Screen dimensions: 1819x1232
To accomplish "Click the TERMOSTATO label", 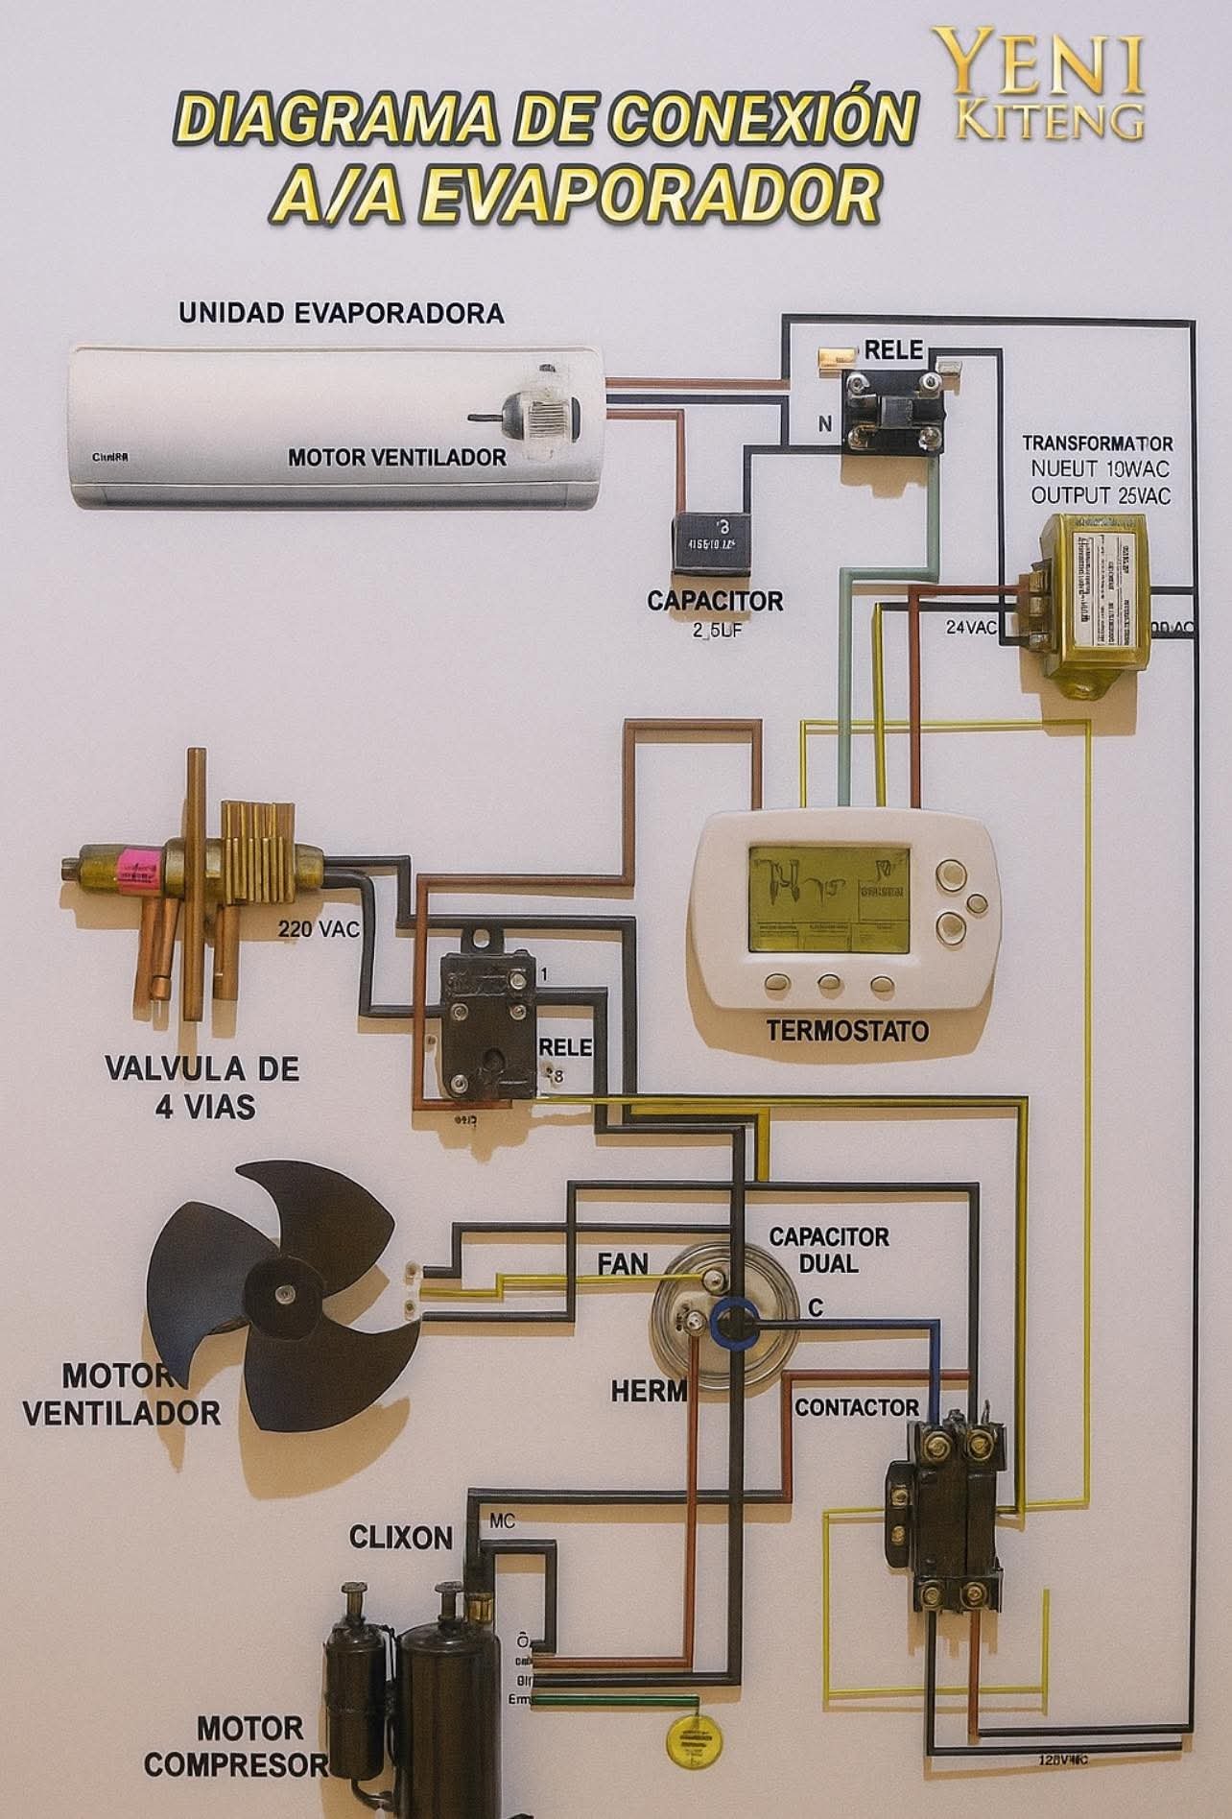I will pyautogui.click(x=847, y=1031).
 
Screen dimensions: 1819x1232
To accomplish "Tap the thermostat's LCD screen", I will pyautogui.click(x=829, y=898).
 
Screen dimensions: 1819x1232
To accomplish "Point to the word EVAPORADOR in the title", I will pyautogui.click(x=575, y=195).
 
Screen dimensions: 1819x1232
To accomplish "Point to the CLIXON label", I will pyautogui.click(x=400, y=1538).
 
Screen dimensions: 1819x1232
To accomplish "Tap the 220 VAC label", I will pyautogui.click(x=318, y=929).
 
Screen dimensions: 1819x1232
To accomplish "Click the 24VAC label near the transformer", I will pyautogui.click(x=972, y=628).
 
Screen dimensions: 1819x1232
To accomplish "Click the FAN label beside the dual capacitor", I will pyautogui.click(x=623, y=1263).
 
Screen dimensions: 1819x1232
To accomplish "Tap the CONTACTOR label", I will pyautogui.click(x=857, y=1408).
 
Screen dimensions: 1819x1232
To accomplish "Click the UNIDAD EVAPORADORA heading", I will pyautogui.click(x=342, y=314).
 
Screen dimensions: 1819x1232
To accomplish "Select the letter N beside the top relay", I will pyautogui.click(x=824, y=425).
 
